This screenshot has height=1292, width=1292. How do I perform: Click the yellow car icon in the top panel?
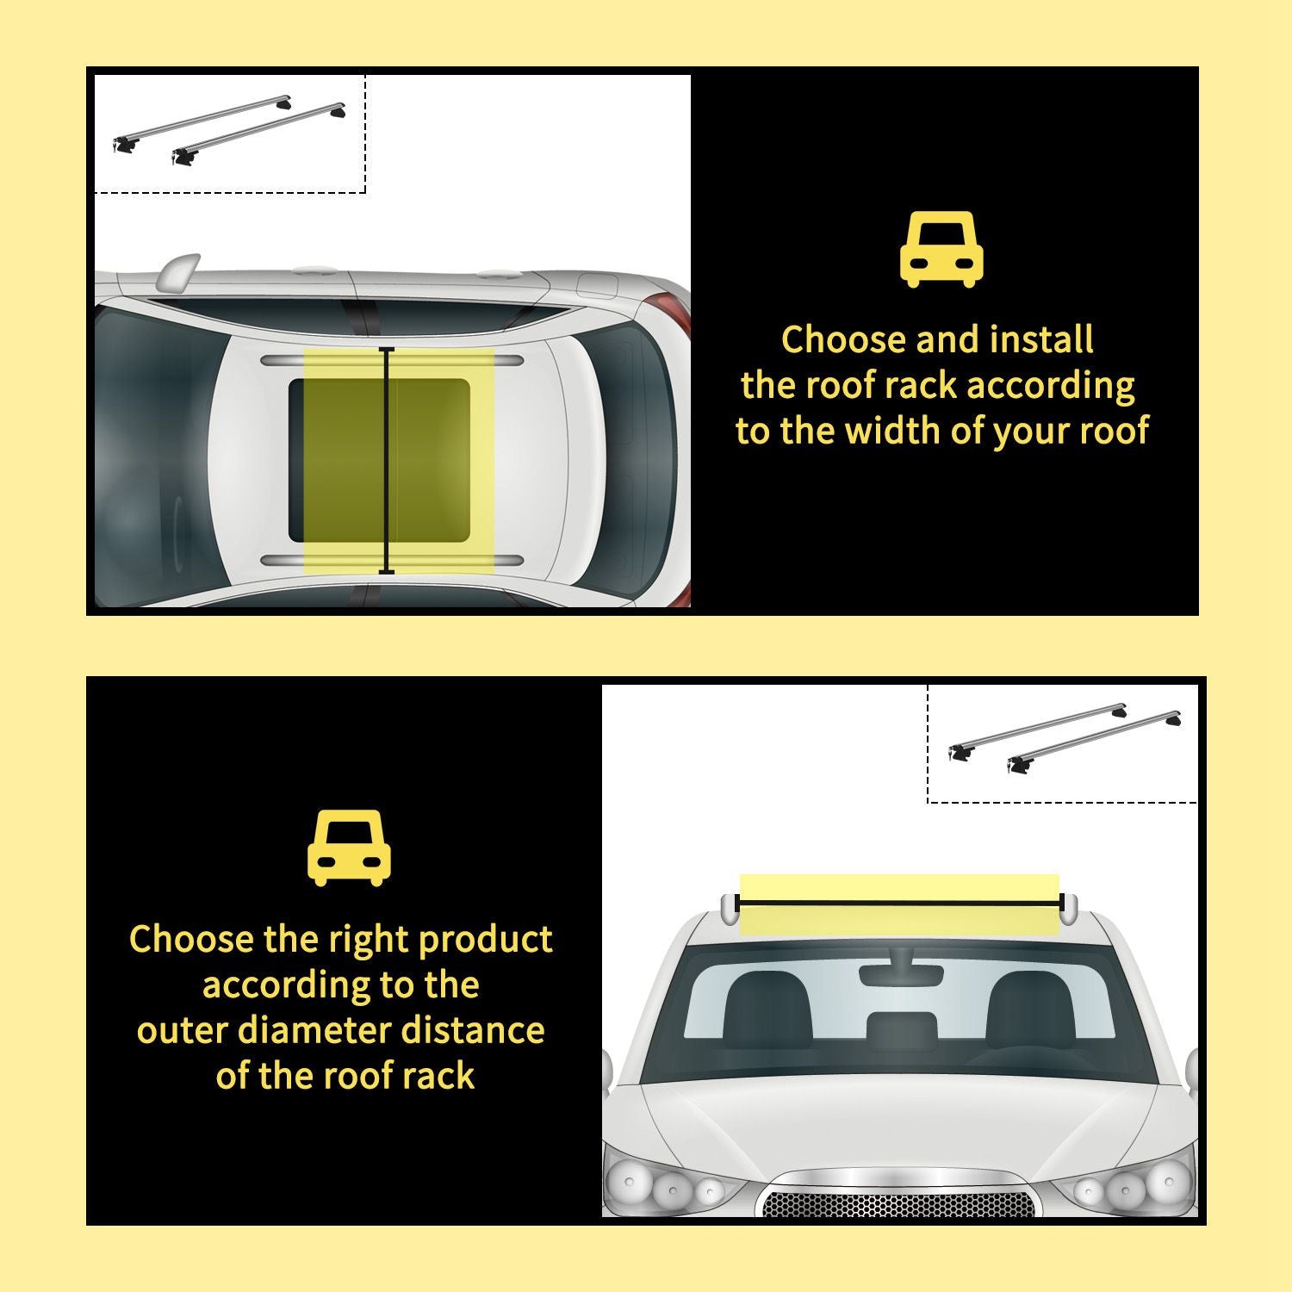(x=941, y=249)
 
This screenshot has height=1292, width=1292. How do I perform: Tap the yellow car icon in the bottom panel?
(x=349, y=848)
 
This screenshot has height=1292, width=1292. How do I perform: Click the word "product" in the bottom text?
(x=485, y=939)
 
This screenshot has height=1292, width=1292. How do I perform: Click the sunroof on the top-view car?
(x=379, y=461)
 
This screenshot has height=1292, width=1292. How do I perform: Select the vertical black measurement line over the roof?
(x=387, y=461)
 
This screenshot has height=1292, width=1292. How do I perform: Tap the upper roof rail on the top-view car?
(x=392, y=358)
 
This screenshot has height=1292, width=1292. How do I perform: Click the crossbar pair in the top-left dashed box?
(x=229, y=130)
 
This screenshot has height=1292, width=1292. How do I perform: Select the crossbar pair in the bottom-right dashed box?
(x=1064, y=739)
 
